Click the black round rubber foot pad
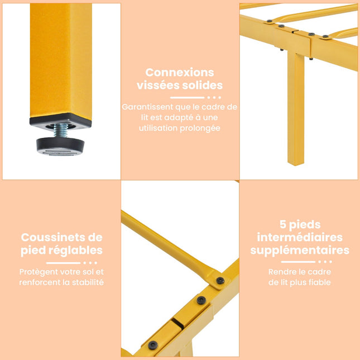60,147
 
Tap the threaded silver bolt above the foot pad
60,130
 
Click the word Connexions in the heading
180,73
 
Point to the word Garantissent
147,107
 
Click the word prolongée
200,128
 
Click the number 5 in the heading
283,224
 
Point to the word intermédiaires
300,237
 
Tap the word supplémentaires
300,250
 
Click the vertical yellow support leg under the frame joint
296,108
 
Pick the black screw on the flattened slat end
220,280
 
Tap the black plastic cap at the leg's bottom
60,121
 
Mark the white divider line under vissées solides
187,98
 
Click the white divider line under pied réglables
64,263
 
